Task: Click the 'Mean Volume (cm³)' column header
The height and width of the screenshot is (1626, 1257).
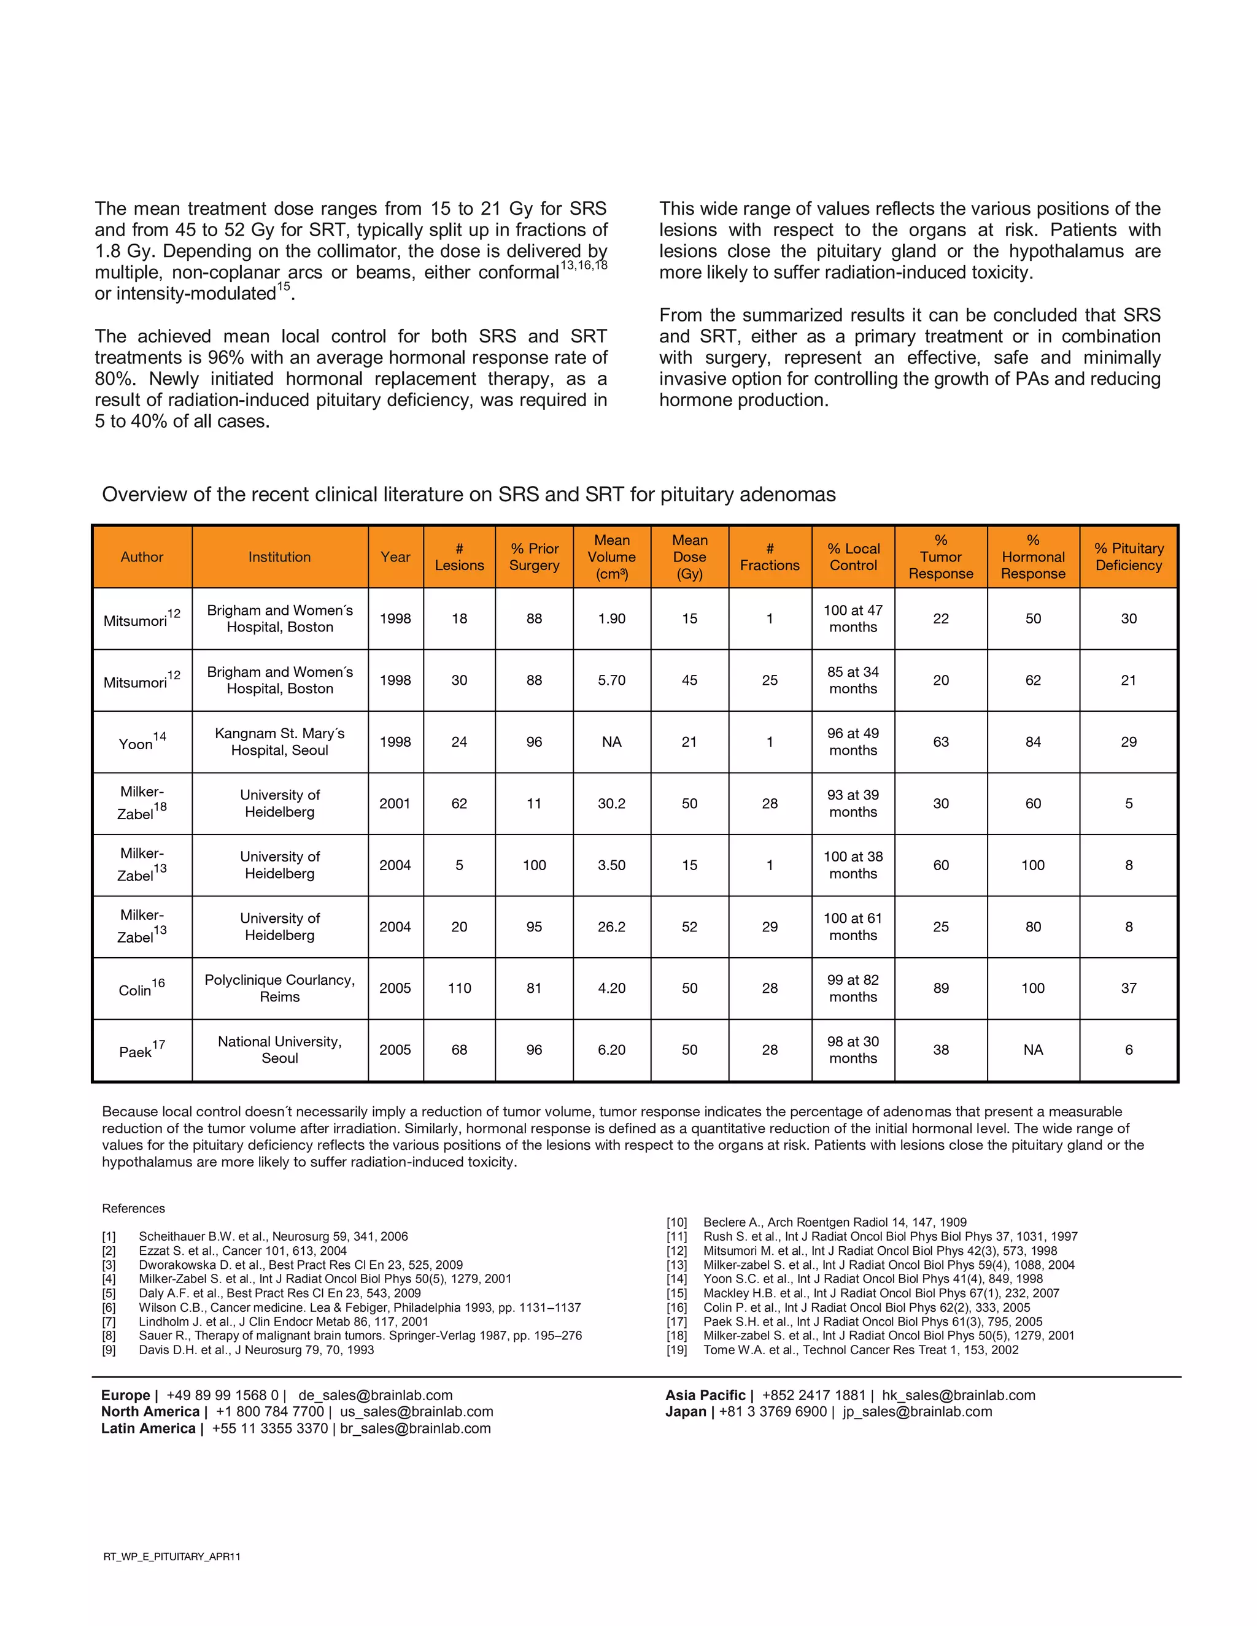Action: pyautogui.click(x=611, y=557)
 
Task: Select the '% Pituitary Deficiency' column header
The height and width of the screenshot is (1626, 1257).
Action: pyautogui.click(x=1128, y=557)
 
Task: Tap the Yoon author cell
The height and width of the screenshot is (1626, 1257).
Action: pyautogui.click(x=142, y=742)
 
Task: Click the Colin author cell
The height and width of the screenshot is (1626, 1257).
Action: pyautogui.click(x=142, y=988)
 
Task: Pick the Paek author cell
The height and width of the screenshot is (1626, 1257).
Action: pyautogui.click(x=142, y=1050)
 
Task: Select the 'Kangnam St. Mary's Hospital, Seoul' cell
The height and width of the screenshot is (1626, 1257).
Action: pyautogui.click(x=279, y=742)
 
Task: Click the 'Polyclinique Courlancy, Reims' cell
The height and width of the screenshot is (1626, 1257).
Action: pyautogui.click(x=279, y=988)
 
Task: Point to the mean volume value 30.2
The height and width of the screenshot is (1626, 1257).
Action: pyautogui.click(x=611, y=803)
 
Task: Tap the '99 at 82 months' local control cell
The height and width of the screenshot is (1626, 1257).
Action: pyautogui.click(x=853, y=988)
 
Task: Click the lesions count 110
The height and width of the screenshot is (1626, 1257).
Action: pyautogui.click(x=460, y=988)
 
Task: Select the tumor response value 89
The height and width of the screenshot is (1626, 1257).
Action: pyautogui.click(x=940, y=988)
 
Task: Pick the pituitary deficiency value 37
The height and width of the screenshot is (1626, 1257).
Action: pyautogui.click(x=1128, y=988)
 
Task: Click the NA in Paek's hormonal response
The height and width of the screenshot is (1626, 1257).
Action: pyautogui.click(x=1033, y=1050)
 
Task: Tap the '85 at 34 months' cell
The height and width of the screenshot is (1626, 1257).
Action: pyautogui.click(x=853, y=680)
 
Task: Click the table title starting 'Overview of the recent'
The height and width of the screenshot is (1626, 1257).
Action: pyautogui.click(x=468, y=495)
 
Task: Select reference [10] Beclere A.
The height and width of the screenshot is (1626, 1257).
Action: pyautogui.click(x=834, y=1222)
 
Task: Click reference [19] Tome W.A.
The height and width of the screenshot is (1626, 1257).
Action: pyautogui.click(x=860, y=1350)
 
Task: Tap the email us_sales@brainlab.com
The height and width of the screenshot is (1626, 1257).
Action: pyautogui.click(x=416, y=1412)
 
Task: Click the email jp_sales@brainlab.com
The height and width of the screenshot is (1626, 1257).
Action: pyautogui.click(x=917, y=1412)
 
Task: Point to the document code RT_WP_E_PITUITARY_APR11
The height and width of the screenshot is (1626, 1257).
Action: pyautogui.click(x=172, y=1556)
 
